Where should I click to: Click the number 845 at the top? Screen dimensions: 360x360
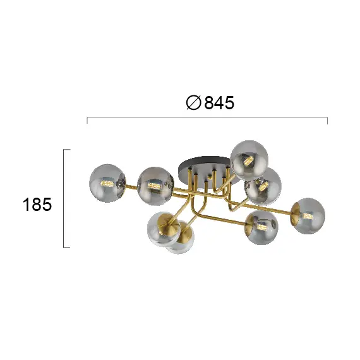pos(219,102)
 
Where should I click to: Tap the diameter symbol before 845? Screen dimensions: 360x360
pos(194,102)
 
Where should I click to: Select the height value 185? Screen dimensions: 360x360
pos(37,205)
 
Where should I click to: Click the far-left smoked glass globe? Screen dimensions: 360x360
pos(107,183)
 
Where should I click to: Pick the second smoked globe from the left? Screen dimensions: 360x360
pos(155,186)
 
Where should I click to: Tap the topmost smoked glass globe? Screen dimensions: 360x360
pos(249,160)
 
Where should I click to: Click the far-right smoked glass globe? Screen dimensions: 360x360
pos(308,216)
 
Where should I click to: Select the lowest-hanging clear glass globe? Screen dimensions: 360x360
pos(180,237)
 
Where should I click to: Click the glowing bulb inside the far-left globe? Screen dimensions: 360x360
pos(107,184)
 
